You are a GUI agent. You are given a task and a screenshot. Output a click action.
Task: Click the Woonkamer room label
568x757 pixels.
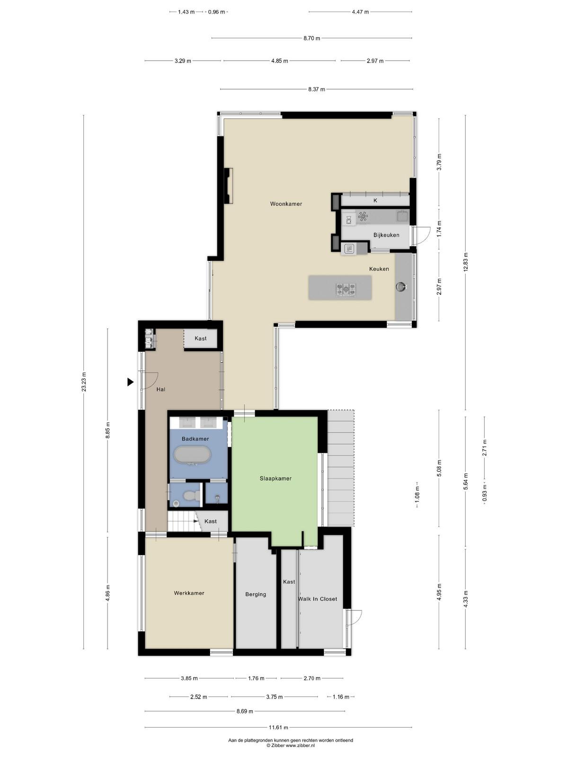[x=286, y=204]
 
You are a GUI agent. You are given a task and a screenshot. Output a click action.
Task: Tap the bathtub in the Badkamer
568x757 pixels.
[x=192, y=456]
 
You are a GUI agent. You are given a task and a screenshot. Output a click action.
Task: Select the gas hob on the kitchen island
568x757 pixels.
[x=346, y=289]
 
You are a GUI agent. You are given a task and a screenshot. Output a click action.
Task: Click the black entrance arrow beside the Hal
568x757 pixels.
[x=130, y=382]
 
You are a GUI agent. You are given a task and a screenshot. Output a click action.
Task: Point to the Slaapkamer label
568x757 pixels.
[x=275, y=478]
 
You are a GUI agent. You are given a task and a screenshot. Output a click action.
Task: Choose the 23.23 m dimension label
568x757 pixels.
[x=84, y=382]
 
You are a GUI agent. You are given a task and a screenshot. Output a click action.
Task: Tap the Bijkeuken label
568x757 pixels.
[x=386, y=235]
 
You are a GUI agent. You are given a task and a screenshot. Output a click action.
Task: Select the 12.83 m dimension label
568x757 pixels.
[x=466, y=262]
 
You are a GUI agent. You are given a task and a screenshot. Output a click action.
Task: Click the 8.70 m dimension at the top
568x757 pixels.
[x=312, y=38]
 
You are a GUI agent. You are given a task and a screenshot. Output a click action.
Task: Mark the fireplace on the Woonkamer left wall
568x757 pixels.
[x=228, y=186]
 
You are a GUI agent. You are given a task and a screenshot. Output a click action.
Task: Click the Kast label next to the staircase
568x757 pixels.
[x=210, y=521]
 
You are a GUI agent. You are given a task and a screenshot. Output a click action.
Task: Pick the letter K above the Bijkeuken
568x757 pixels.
[x=375, y=201]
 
